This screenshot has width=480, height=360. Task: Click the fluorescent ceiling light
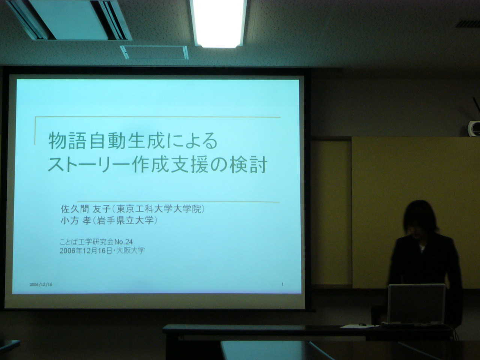pos(218,23)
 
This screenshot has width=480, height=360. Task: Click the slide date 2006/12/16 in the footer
pos(41,285)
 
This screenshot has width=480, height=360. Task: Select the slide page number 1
pos(282,284)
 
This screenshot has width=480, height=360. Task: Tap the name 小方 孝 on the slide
pos(75,221)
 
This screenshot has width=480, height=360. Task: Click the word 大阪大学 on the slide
pos(131,250)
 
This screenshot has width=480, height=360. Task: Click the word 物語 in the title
pos(66,141)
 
